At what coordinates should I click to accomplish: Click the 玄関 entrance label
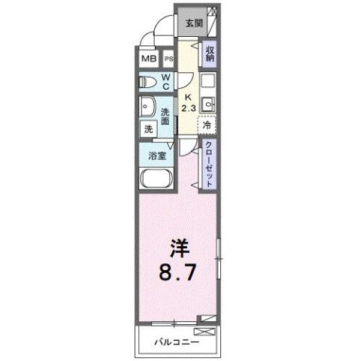click(194, 22)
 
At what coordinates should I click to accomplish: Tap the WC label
click(167, 83)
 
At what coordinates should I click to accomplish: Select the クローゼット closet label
click(210, 163)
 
